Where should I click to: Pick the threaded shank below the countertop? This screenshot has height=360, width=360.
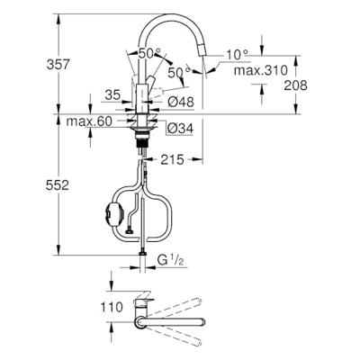pos(141,137)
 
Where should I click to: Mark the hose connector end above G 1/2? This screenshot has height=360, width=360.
pos(141,253)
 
